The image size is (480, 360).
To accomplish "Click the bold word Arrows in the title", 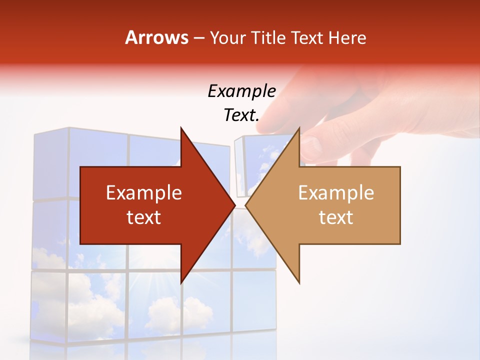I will point(157,37).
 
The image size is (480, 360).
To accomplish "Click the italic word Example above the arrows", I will point(241,91).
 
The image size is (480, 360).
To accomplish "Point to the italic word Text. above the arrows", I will point(241,115).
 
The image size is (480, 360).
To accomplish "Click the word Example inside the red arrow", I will point(144,192).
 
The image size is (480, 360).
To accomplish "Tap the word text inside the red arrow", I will point(144,217).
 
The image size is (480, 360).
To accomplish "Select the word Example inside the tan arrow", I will point(336,192).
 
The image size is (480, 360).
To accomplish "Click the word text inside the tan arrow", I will point(336,217).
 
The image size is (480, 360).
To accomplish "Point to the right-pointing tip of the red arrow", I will point(234,205).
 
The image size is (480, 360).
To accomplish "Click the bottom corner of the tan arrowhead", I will point(299,282).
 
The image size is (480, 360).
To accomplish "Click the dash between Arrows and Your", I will point(198,38).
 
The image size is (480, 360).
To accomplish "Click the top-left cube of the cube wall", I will point(50,165).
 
